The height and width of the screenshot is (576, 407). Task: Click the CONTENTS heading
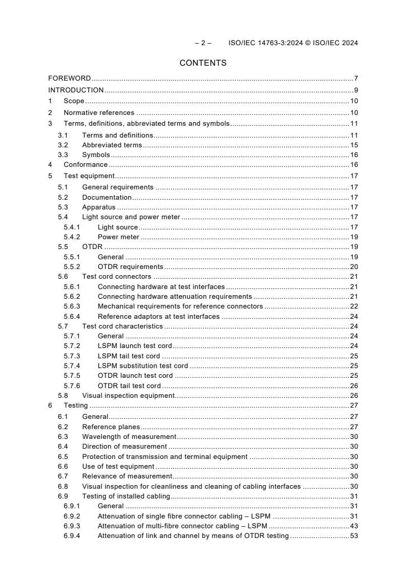pyautogui.click(x=203, y=63)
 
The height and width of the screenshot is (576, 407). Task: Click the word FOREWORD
pyautogui.click(x=69, y=79)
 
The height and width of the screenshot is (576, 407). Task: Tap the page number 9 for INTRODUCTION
pyautogui.click(x=356, y=90)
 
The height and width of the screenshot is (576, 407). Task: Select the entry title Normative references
pyautogui.click(x=99, y=112)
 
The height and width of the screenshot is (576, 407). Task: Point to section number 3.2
pyautogui.click(x=63, y=145)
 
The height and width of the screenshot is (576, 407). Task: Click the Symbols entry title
pyautogui.click(x=96, y=155)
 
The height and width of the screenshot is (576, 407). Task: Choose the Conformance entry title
pyautogui.click(x=86, y=165)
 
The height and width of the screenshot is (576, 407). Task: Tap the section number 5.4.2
pyautogui.click(x=71, y=237)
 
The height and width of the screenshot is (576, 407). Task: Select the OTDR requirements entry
pyautogui.click(x=130, y=266)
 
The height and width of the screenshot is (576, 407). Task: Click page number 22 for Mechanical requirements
pyautogui.click(x=354, y=306)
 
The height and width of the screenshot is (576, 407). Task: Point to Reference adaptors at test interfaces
pyautogui.click(x=159, y=316)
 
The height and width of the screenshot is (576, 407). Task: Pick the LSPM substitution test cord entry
pyautogui.click(x=143, y=366)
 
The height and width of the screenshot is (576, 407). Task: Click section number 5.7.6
pyautogui.click(x=71, y=386)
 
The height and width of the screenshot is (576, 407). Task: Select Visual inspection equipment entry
pyautogui.click(x=129, y=396)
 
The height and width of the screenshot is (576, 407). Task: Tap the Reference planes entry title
pyautogui.click(x=111, y=427)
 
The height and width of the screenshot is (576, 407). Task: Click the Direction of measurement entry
pyautogui.click(x=124, y=447)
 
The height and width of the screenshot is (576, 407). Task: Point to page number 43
pyautogui.click(x=354, y=526)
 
